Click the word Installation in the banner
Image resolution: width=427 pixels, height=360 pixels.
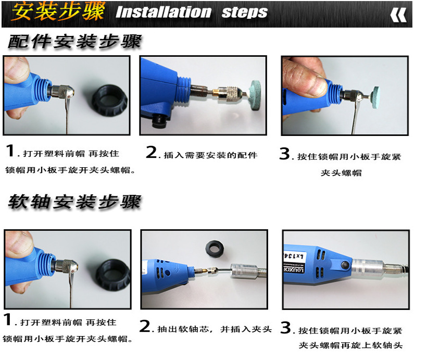point(164,13)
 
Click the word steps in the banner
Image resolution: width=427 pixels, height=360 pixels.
point(245,13)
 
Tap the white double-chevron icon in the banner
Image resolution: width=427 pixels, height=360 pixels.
point(398,15)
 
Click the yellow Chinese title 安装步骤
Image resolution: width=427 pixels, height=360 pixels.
point(58,11)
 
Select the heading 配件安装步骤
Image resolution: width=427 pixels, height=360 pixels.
point(74,42)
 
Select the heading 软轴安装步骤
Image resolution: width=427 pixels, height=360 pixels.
point(74,202)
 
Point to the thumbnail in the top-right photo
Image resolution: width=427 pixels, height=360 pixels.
point(312,84)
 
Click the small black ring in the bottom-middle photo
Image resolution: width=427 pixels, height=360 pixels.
point(215,249)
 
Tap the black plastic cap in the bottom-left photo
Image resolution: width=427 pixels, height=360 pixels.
point(114,275)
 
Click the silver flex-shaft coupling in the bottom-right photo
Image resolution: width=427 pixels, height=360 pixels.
point(368,268)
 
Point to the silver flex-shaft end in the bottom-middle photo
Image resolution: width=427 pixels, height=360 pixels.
point(244,271)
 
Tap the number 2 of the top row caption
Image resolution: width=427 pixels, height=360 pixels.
point(152,152)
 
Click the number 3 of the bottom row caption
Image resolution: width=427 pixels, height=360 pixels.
point(286,327)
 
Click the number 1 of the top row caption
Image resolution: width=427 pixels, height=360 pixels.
point(10,151)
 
